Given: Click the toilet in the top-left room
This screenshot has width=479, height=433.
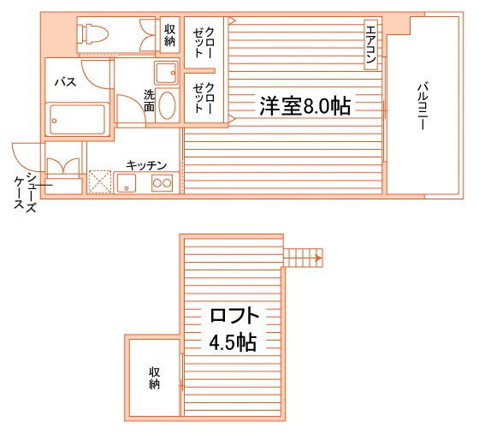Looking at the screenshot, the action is [x=92, y=34].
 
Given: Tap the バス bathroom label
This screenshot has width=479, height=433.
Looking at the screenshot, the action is [x=65, y=82].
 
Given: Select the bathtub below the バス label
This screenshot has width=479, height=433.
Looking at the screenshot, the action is [x=77, y=120].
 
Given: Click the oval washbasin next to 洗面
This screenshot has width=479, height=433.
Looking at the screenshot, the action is [x=167, y=105].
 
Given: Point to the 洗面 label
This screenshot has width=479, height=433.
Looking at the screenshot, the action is [x=149, y=100].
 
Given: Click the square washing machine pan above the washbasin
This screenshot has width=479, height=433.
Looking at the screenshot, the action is [x=166, y=73].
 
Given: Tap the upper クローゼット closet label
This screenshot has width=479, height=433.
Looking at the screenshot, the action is [x=204, y=43].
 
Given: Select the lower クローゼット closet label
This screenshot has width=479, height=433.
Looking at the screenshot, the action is [x=204, y=98].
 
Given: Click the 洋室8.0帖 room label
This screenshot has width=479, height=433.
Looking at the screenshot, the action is [x=305, y=106].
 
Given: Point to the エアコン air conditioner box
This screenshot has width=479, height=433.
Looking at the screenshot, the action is [x=371, y=44].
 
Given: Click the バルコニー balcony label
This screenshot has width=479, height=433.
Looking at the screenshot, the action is [x=423, y=105].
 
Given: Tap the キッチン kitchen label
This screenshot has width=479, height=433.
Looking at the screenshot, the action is [x=146, y=165].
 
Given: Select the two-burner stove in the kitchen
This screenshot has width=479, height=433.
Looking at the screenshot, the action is [x=162, y=183].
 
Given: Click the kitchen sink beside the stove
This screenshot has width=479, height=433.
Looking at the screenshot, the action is [x=127, y=183].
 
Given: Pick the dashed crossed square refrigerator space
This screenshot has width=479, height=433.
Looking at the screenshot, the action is [x=100, y=181].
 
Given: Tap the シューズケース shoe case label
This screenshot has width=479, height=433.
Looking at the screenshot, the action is [x=26, y=193].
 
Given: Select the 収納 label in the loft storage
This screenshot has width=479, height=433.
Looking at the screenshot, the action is [x=154, y=378].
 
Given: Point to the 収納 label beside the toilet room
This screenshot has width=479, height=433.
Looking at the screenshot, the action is [x=170, y=35].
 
